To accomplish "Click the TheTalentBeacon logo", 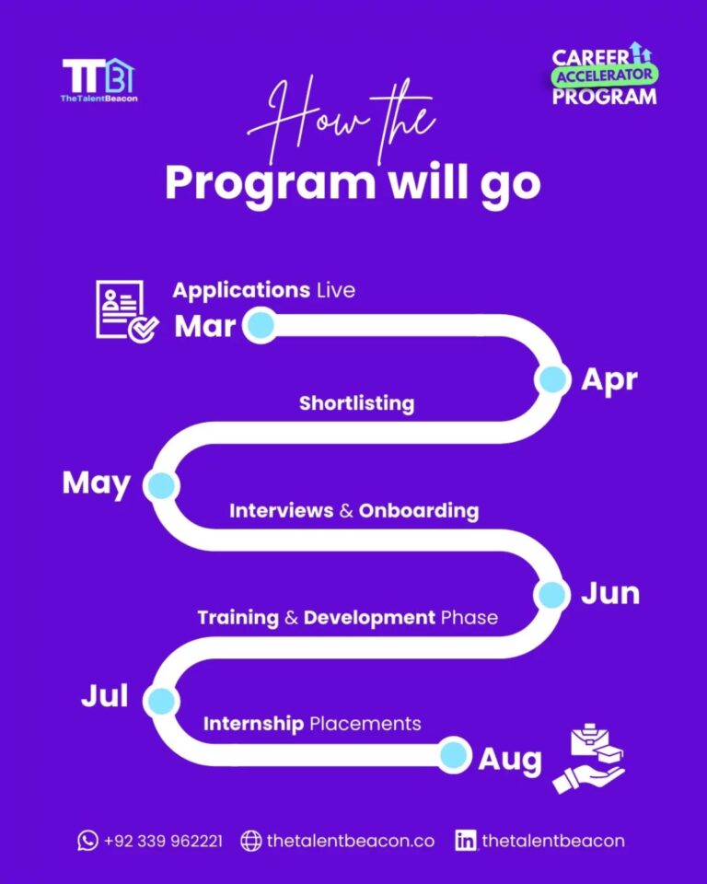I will pyautogui.click(x=99, y=81).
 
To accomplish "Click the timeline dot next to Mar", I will pyautogui.click(x=261, y=325).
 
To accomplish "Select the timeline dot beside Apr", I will pyautogui.click(x=552, y=379).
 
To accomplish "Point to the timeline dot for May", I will pyautogui.click(x=160, y=484).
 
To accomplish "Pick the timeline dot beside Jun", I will pyautogui.click(x=551, y=594).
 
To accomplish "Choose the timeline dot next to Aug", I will pyautogui.click(x=453, y=756).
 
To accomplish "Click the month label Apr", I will pyautogui.click(x=609, y=379).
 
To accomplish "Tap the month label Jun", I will pyautogui.click(x=609, y=594).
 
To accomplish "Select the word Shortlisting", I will pyautogui.click(x=356, y=403).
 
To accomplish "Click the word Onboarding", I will pyautogui.click(x=419, y=510).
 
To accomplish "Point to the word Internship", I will pyautogui.click(x=253, y=724).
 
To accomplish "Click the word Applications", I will pyautogui.click(x=241, y=290).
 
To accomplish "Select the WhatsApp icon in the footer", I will pyautogui.click(x=87, y=840).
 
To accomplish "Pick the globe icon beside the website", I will pyautogui.click(x=250, y=840).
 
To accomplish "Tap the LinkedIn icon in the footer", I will pyautogui.click(x=466, y=840).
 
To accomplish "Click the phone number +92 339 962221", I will pyautogui.click(x=163, y=841).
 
